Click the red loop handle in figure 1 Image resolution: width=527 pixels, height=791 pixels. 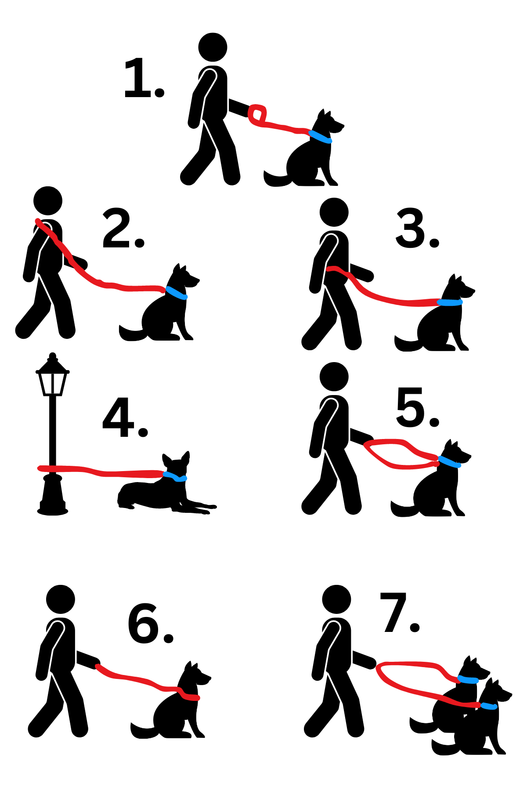coord(257,114)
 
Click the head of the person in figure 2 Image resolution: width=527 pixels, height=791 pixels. coord(48,201)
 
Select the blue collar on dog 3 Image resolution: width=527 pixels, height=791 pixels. coord(450,302)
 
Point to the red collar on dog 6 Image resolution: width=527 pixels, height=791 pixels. coord(190,697)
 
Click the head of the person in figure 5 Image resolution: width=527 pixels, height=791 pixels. coord(334,377)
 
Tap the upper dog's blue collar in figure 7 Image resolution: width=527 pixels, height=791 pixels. coord(468,680)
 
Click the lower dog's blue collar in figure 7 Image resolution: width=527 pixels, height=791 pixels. coord(489,706)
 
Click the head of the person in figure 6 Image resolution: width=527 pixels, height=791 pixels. coord(61,599)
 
